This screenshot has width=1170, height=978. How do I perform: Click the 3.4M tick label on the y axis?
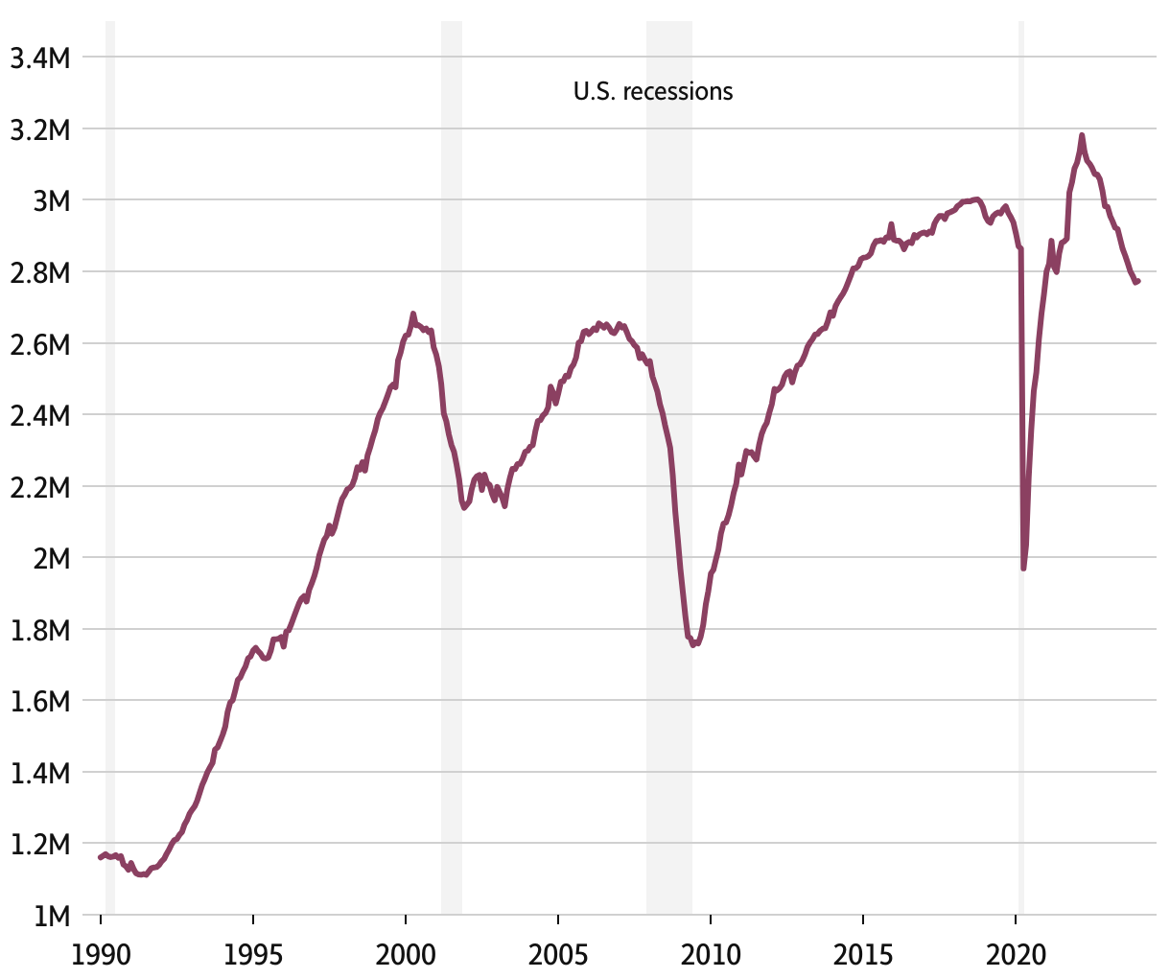39,58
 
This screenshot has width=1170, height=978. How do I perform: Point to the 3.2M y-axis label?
39,129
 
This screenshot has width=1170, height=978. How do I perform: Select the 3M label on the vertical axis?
50,201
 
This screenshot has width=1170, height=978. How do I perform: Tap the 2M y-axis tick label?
50,559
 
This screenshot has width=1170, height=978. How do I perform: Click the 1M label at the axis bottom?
50,916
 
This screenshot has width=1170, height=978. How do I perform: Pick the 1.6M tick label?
39,702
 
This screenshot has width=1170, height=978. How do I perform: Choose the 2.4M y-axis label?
39,416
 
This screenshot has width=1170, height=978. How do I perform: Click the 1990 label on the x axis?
101,954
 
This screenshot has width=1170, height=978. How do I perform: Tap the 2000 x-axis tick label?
406,954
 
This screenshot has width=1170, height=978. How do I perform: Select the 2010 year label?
711,954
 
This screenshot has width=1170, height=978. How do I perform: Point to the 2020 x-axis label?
1017,954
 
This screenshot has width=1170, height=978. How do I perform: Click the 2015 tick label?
863,954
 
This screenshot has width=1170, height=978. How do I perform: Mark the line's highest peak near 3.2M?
1082,136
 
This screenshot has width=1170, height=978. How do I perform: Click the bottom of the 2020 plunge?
1023,568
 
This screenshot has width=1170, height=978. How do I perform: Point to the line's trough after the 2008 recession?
692,644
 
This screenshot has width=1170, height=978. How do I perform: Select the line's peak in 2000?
412,314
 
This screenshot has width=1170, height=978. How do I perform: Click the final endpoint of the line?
1137,281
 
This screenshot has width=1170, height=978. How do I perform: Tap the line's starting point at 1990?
100,856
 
